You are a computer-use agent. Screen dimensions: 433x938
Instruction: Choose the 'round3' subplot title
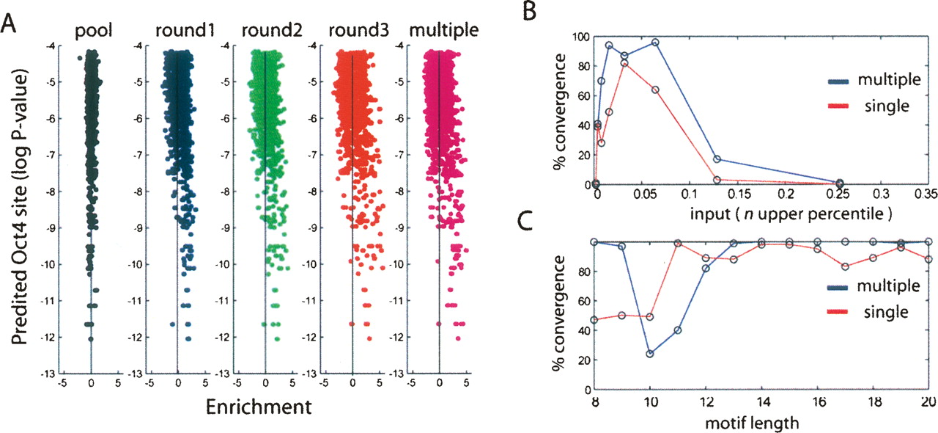[352, 31]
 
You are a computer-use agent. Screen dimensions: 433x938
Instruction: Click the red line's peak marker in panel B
[624, 63]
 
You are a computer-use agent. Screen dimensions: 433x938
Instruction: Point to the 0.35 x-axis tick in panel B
[926, 196]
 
